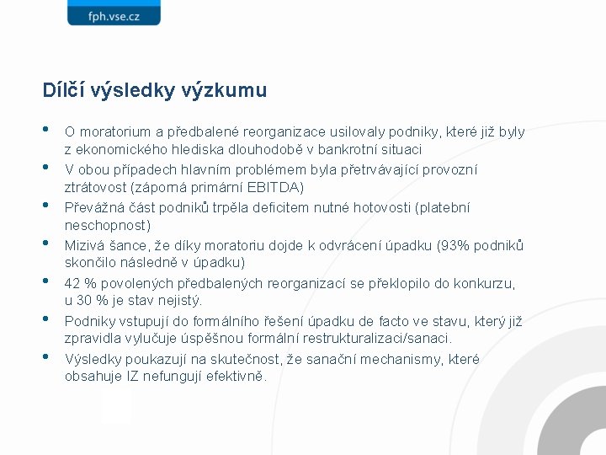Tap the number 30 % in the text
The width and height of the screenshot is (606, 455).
click(x=94, y=301)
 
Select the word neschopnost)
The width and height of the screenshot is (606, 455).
click(x=108, y=225)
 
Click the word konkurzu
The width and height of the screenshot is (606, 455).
click(x=486, y=284)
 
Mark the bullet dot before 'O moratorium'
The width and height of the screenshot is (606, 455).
click(x=46, y=130)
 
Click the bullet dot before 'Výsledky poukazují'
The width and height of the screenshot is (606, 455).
click(x=46, y=357)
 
